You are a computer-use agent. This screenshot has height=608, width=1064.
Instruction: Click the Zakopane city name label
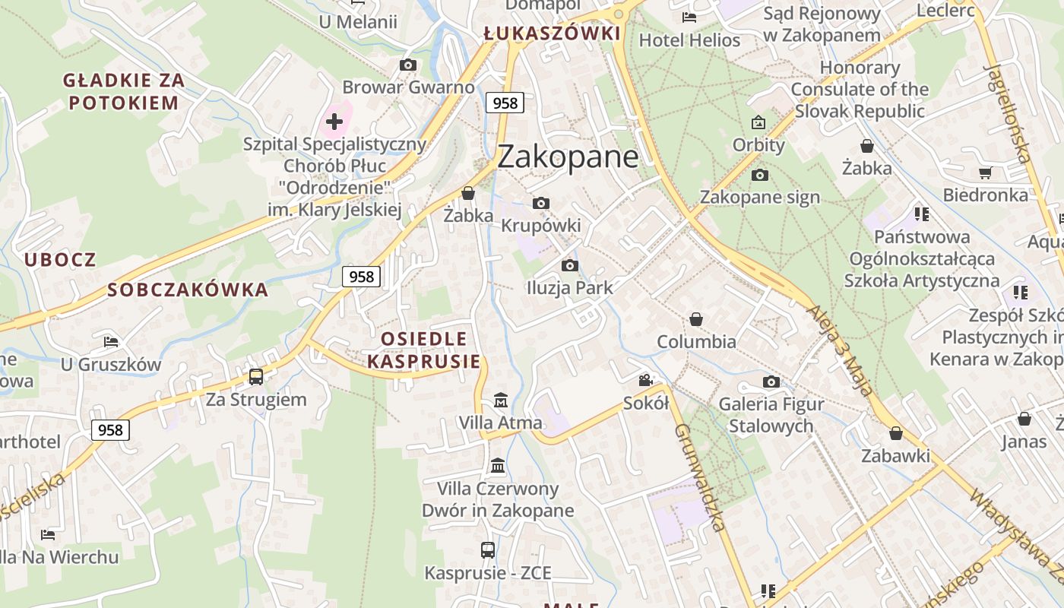568,157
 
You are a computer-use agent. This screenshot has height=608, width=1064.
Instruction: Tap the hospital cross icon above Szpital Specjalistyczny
334,121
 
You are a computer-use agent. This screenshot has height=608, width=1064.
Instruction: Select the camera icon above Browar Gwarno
408,65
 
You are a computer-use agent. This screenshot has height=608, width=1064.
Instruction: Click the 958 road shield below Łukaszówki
505,103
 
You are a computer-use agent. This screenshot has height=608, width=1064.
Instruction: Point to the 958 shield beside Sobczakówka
361,277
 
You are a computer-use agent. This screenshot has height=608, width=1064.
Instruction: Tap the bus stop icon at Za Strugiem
256,376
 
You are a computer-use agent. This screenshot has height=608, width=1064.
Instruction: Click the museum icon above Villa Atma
501,400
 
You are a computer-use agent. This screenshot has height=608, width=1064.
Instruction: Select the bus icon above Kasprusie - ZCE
488,549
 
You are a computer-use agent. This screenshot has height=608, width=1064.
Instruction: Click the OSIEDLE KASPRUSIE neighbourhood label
424,350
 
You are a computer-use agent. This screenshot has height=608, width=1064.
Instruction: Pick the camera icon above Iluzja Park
570,265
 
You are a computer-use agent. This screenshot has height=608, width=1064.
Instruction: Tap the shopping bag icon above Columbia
696,319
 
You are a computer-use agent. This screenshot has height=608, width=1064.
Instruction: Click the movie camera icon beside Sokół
646,380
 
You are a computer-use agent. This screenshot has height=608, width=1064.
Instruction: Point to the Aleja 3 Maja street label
839,350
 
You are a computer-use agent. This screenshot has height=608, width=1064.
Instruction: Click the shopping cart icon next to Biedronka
986,173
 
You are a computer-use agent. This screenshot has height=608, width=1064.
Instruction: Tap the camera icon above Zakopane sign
759,176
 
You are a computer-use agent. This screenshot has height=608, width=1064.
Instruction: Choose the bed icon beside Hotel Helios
689,17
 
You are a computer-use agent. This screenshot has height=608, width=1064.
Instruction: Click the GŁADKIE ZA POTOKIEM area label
123,91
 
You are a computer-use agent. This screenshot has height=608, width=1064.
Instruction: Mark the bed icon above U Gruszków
111,342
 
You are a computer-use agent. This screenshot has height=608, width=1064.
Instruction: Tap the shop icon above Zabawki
896,433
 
